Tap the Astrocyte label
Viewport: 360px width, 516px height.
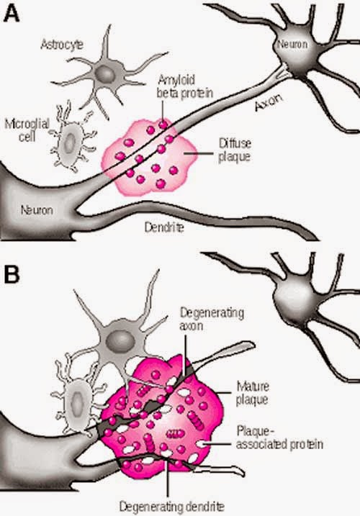62,45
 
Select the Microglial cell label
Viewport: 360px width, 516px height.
27,130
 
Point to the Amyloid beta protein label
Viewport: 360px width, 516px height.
185,86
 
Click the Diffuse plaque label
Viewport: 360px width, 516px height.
235,150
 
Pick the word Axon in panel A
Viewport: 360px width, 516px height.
269,102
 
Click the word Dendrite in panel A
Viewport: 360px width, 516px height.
164,227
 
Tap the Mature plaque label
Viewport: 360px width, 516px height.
253,393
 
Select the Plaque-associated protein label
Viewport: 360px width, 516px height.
279,438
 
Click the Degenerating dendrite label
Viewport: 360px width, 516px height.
171,507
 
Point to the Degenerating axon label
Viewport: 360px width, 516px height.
212,319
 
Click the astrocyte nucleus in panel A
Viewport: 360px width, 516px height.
105,73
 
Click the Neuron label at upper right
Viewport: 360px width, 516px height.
292,44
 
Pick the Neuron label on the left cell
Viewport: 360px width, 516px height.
37,210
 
